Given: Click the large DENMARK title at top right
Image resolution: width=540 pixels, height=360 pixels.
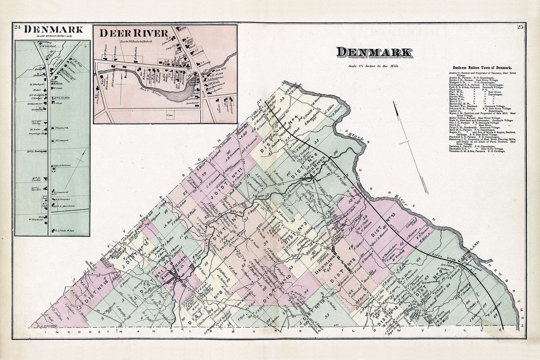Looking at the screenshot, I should pos(374,52).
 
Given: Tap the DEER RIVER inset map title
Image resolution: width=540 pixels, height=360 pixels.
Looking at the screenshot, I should pos(133,33).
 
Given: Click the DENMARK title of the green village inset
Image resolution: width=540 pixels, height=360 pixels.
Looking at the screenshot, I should pos(53,29).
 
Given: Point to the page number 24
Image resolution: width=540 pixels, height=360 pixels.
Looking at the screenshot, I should pos(17,27).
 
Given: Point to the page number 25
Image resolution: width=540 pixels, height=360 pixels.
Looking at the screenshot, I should pos(520,27).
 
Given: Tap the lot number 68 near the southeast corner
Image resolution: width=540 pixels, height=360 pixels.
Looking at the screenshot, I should pos(496,316).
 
